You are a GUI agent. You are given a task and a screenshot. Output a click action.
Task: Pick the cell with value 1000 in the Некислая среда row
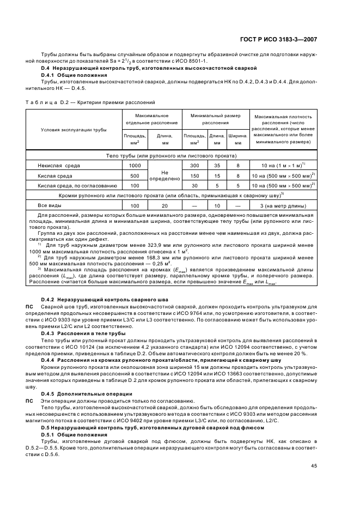pyautogui.click(x=135, y=165)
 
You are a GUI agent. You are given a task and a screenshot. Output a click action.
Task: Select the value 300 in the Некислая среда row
pyautogui.click(x=194, y=165)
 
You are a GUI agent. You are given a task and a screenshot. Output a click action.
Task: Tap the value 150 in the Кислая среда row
pyautogui.click(x=194, y=176)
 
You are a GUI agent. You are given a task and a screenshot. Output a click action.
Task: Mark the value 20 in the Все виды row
pyautogui.click(x=164, y=205)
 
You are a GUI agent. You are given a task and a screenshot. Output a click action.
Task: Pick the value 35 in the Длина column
pyautogui.click(x=217, y=165)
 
